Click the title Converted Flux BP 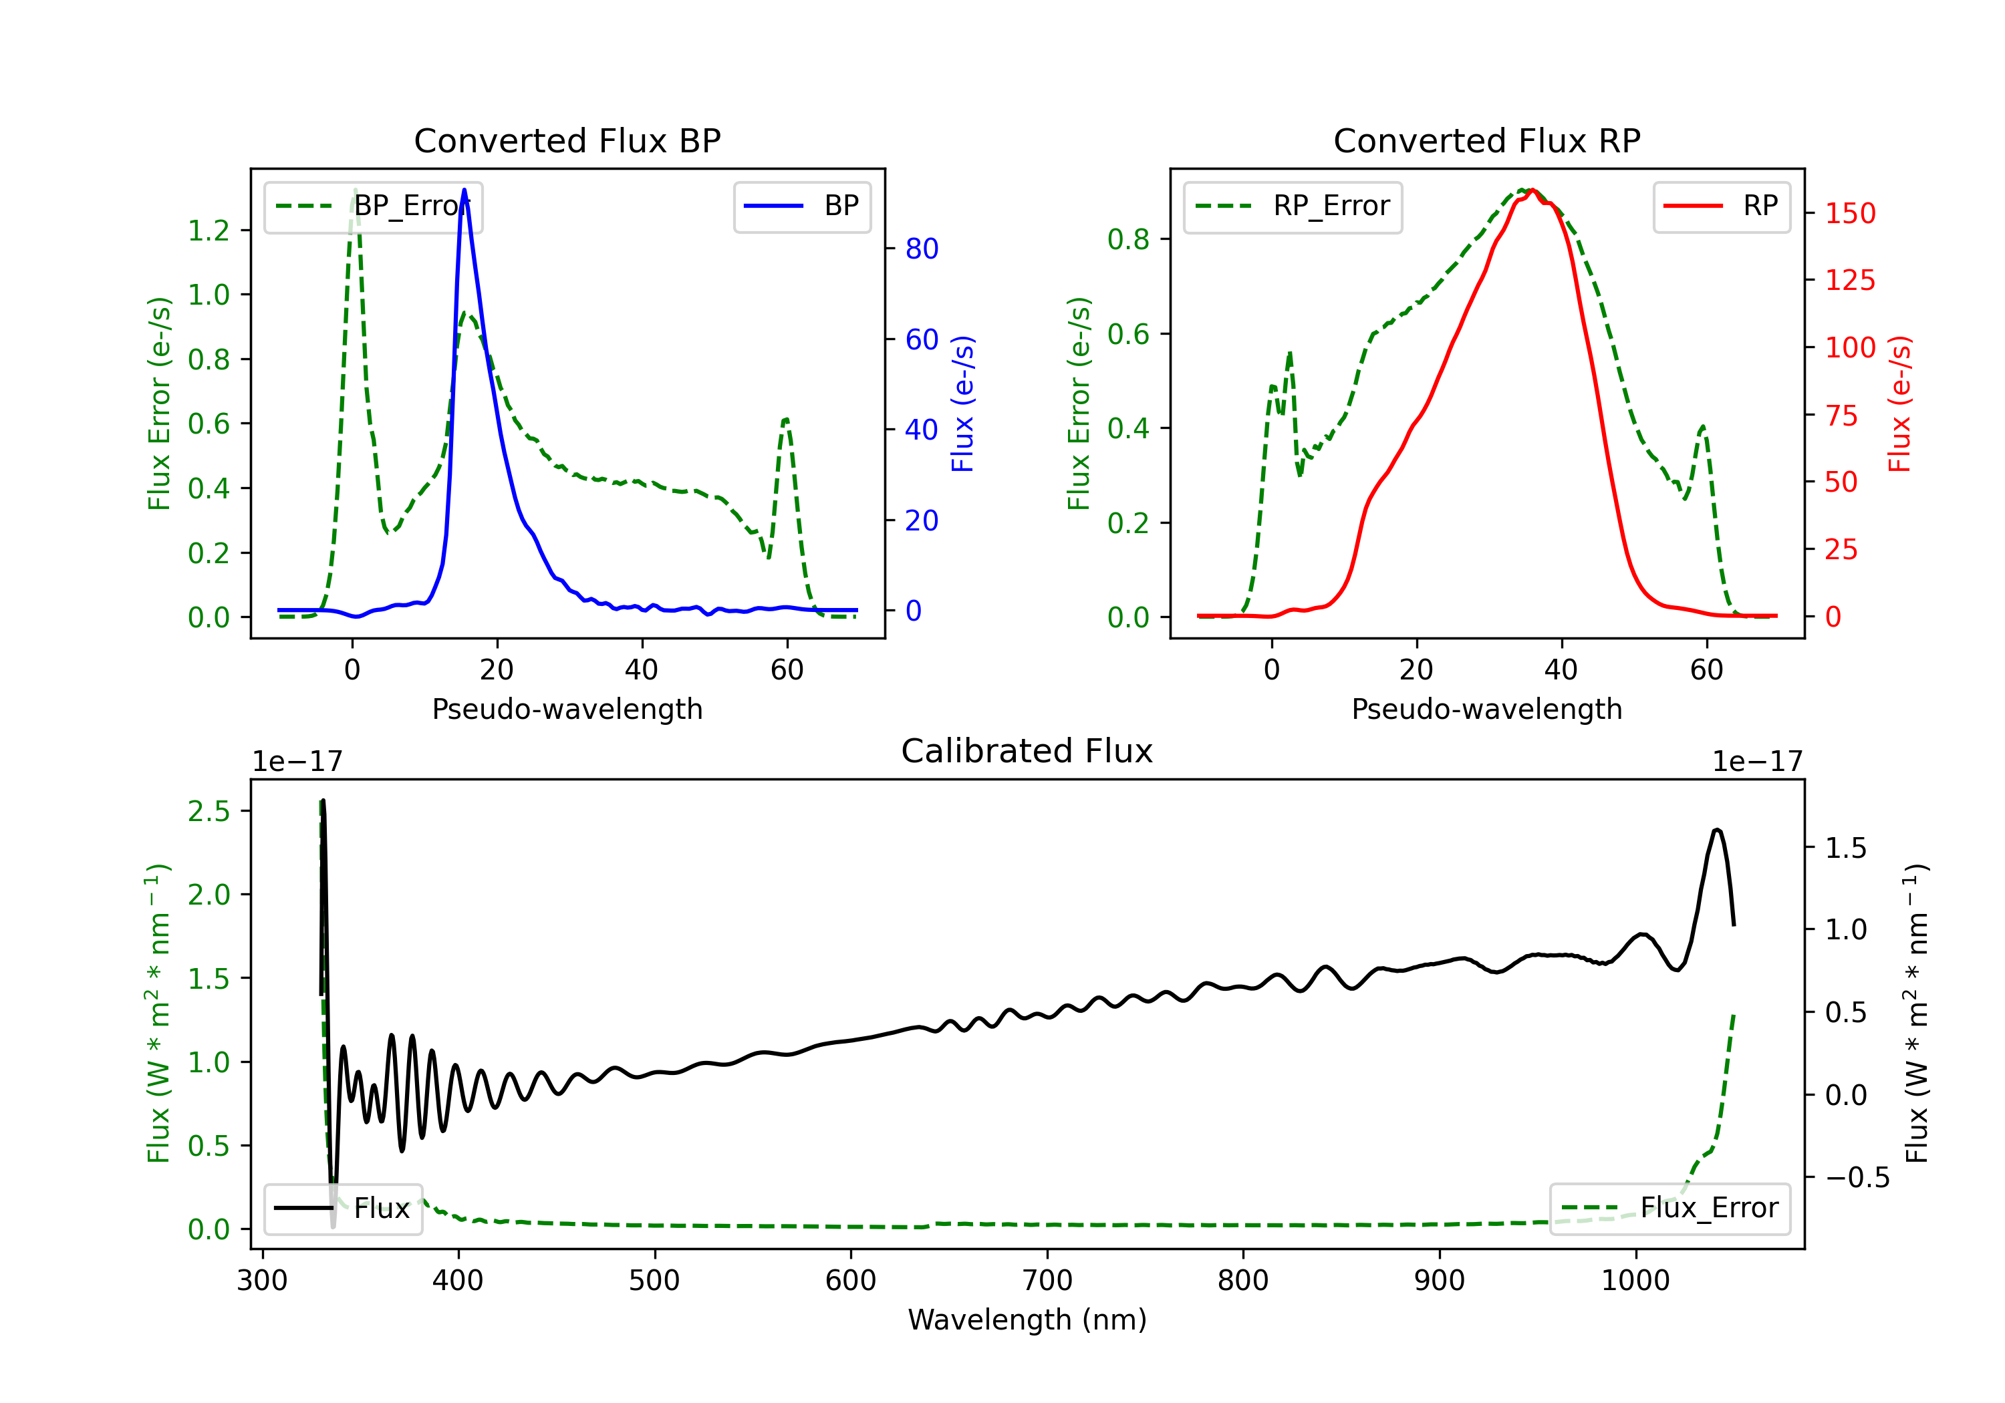coord(567,140)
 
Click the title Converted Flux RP coord(1486,140)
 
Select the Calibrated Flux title coord(1027,751)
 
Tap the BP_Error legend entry coord(373,206)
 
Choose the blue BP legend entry coord(801,206)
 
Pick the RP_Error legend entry coord(1293,206)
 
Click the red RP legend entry coord(1721,206)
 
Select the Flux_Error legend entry coord(1669,1209)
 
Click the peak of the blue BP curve coord(464,190)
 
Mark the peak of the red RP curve coord(1532,190)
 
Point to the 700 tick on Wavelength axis coord(1047,1281)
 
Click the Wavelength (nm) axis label coord(1027,1320)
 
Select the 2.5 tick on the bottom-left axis coord(209,811)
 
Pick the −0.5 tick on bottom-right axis coord(1857,1178)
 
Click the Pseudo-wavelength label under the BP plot coord(567,709)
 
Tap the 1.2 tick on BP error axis coord(209,230)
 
